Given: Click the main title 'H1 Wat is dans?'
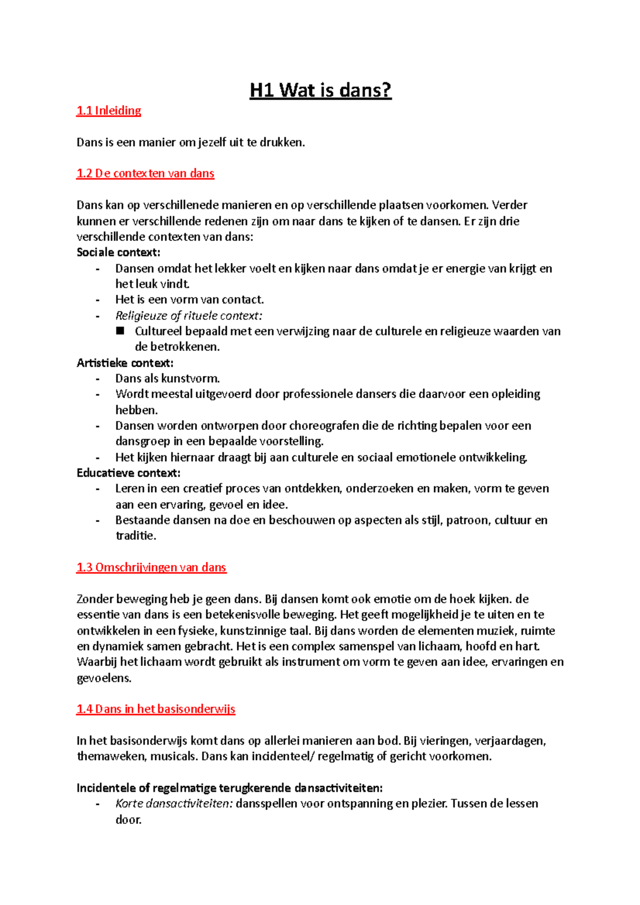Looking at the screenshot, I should [x=321, y=90].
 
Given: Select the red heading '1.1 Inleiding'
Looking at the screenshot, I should [x=109, y=111].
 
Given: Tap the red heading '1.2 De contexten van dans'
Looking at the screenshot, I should [x=145, y=174].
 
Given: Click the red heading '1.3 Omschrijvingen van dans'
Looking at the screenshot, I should [x=151, y=568].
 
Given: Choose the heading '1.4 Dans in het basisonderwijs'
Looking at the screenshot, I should [x=156, y=709].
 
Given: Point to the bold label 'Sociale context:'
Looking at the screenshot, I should [x=118, y=253].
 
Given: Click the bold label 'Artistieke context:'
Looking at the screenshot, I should [x=125, y=363].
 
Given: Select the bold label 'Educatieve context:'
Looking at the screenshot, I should [x=129, y=473].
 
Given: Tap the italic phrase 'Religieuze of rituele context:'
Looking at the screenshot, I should [x=189, y=316].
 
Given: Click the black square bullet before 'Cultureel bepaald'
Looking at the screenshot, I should [x=121, y=331].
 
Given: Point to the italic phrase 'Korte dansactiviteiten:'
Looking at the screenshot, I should [x=174, y=804].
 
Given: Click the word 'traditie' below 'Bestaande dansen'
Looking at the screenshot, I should [x=134, y=536].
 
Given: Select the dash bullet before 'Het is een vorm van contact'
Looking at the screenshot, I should [x=98, y=300].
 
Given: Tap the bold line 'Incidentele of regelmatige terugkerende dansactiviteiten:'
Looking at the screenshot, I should [x=230, y=788].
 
